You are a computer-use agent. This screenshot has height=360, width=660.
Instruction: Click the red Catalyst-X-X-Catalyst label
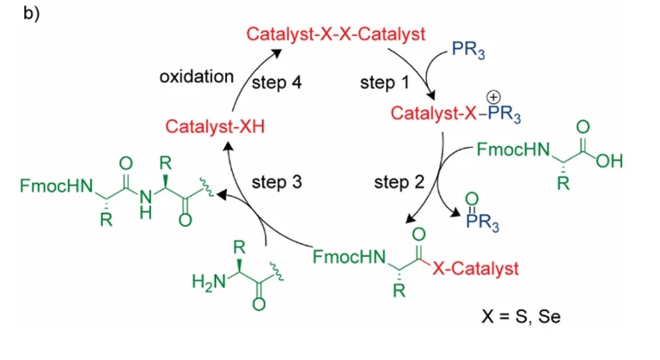[x=335, y=34]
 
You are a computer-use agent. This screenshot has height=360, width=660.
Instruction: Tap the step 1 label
[x=384, y=82]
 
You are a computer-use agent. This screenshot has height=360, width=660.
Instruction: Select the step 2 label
[x=399, y=183]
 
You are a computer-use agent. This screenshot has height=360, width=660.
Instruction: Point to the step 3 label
[x=277, y=182]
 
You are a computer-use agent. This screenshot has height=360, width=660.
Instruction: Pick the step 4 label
[x=277, y=82]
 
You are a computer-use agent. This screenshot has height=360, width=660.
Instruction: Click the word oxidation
[x=196, y=76]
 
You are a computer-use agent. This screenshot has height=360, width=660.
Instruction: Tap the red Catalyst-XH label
[x=215, y=126]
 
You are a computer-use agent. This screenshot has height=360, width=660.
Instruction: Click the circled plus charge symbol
[x=493, y=98]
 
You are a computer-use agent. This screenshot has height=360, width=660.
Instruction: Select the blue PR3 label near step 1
[x=468, y=50]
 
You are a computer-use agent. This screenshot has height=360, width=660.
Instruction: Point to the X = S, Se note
[x=521, y=316]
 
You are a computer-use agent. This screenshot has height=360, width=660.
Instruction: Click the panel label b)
[x=32, y=14]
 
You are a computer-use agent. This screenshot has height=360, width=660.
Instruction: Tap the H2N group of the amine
[x=209, y=281]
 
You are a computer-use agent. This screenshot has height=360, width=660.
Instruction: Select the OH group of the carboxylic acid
[x=609, y=161]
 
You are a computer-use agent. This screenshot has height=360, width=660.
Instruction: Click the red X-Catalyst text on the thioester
[x=475, y=269]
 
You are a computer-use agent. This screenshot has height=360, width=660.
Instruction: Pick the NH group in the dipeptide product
[x=145, y=204]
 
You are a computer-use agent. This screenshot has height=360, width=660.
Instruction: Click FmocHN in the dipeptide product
[x=57, y=186]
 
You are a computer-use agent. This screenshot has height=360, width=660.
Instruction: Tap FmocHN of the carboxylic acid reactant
[x=513, y=149]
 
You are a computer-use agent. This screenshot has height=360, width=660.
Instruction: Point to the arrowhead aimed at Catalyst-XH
[x=228, y=146]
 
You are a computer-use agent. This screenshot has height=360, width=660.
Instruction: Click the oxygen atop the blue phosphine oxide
[x=472, y=198]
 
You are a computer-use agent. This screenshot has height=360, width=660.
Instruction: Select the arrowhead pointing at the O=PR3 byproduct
[x=455, y=212]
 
